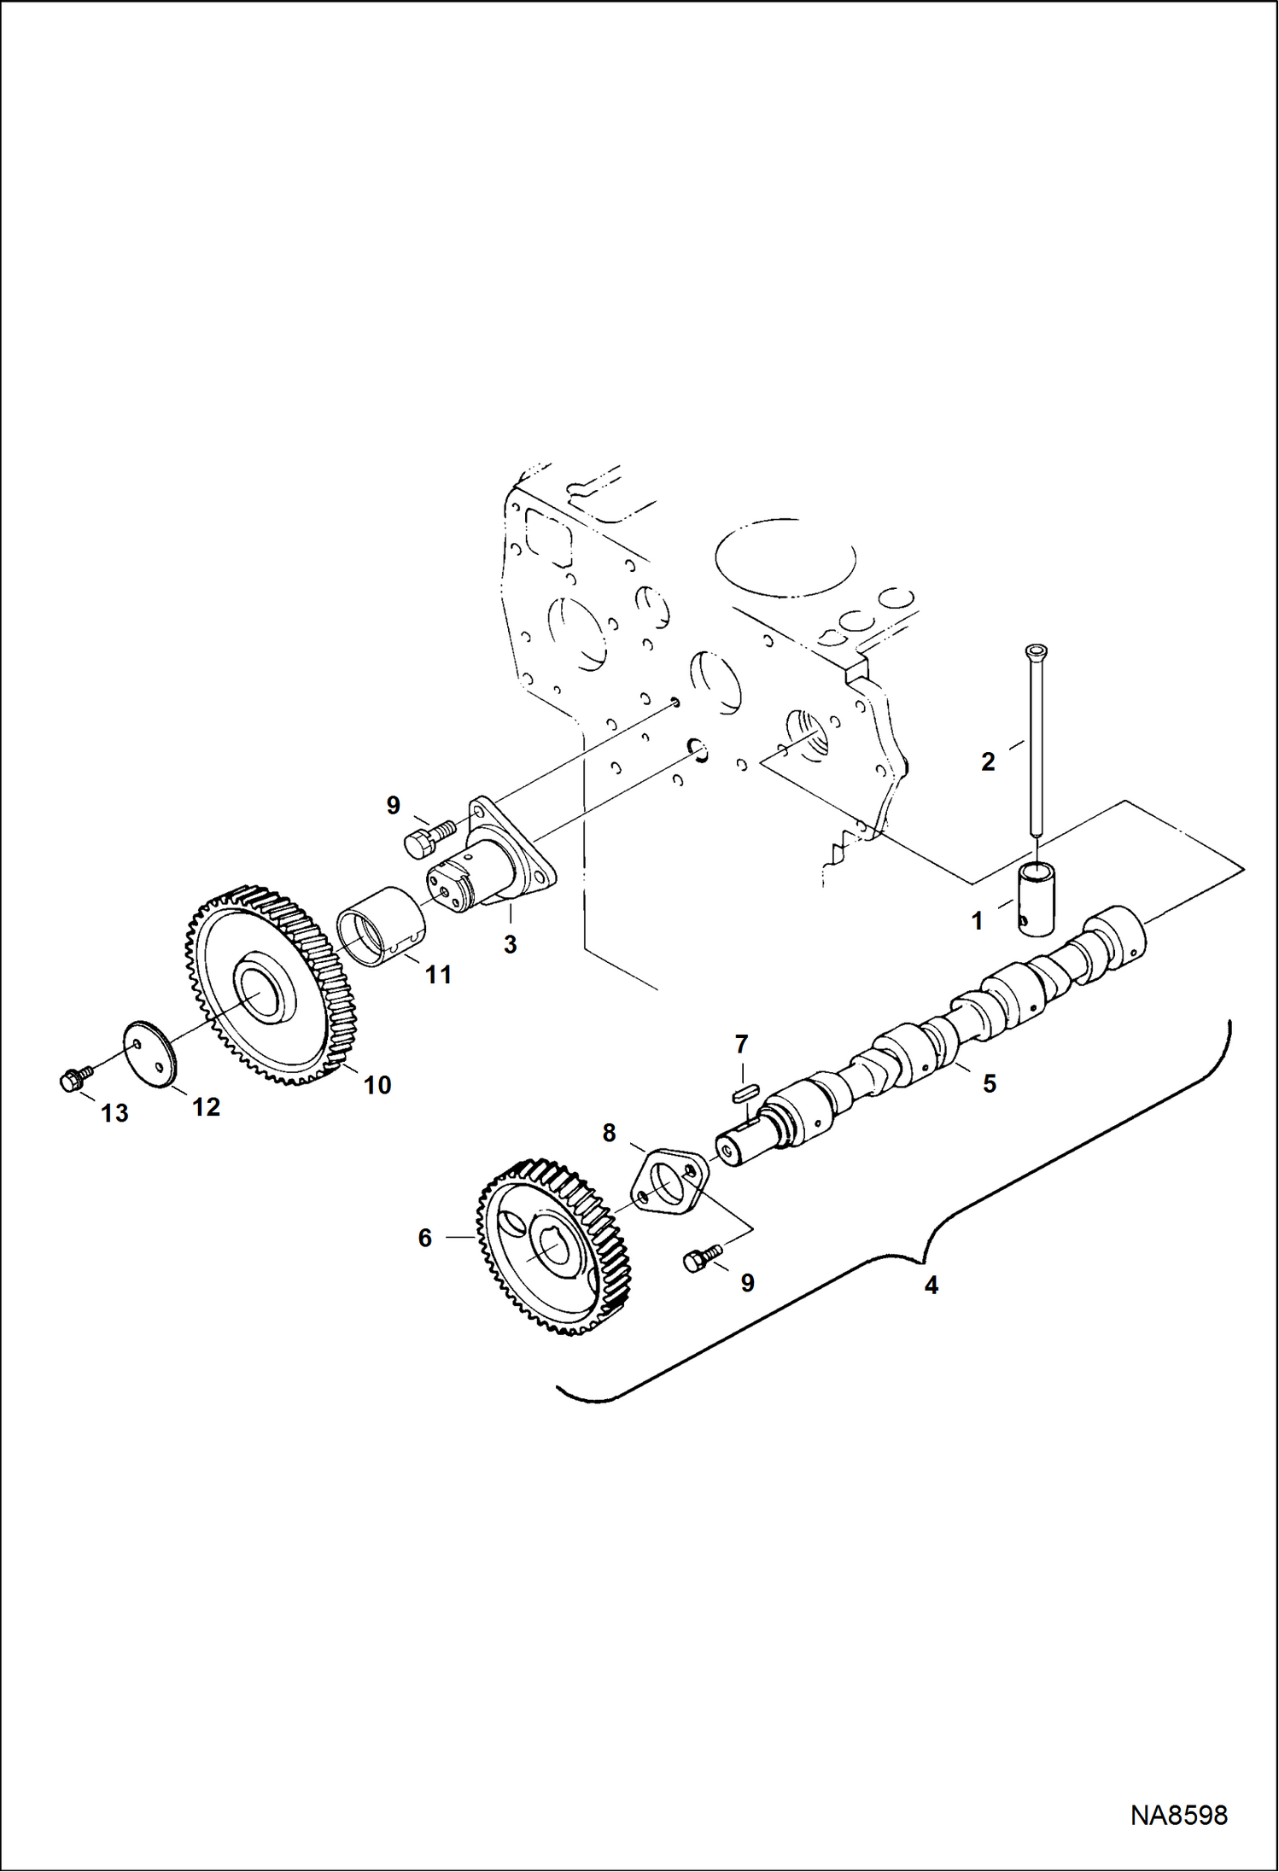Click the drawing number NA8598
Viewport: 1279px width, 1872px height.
[1178, 1816]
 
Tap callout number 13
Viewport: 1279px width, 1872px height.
[114, 1113]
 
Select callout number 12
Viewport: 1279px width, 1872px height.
[206, 1107]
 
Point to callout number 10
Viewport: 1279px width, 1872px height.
[377, 1085]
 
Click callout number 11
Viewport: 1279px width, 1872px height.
[438, 975]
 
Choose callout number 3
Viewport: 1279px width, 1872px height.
[510, 944]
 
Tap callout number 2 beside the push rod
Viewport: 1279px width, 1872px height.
[988, 761]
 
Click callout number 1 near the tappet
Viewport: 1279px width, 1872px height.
[978, 921]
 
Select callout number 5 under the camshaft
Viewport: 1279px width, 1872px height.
[990, 1083]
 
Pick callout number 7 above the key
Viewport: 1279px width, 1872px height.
[741, 1044]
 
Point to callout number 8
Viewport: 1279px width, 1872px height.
[609, 1133]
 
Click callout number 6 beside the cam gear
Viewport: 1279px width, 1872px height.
[425, 1238]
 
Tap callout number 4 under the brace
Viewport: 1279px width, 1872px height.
[931, 1285]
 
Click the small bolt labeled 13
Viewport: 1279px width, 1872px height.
[71, 1080]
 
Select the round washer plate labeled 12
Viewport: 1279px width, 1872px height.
[149, 1055]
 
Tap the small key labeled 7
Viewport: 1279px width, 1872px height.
[745, 1090]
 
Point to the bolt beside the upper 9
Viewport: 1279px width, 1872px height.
[429, 835]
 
